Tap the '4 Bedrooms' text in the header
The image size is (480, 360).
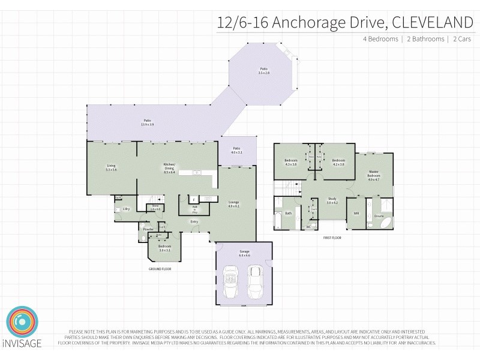(380, 39)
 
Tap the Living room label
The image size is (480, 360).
(111, 167)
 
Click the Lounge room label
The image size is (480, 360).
(233, 204)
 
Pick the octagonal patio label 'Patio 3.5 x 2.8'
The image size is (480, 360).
(263, 71)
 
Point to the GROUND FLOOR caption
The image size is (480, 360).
(160, 269)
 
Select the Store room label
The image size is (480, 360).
(155, 208)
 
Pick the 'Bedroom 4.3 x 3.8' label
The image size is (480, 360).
(291, 162)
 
